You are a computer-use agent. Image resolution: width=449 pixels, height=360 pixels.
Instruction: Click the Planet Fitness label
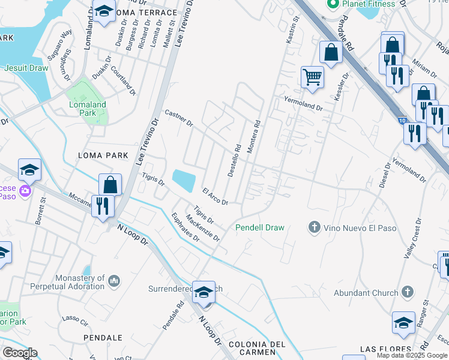pyautogui.click(x=369, y=4)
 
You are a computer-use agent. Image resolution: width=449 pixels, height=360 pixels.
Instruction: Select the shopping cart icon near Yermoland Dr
pyautogui.click(x=312, y=77)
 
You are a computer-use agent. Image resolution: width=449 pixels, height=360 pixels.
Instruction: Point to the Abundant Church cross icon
pyautogui.click(x=408, y=293)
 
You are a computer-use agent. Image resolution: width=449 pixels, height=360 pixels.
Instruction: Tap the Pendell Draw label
pyautogui.click(x=259, y=227)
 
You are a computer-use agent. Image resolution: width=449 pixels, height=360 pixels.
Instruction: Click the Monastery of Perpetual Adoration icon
pyautogui.click(x=115, y=281)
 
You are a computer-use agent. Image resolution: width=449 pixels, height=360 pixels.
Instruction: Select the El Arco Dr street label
pyautogui.click(x=215, y=197)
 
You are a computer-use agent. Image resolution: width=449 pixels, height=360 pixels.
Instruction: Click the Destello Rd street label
pyautogui.click(x=234, y=160)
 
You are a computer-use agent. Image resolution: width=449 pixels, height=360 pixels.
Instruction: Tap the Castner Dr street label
pyautogui.click(x=178, y=118)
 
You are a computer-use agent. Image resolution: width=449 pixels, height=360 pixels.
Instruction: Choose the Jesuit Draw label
pyautogui.click(x=26, y=68)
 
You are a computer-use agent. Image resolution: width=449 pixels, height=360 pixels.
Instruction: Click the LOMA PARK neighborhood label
pyautogui.click(x=103, y=155)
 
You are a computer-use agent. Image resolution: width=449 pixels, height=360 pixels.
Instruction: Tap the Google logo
pyautogui.click(x=19, y=353)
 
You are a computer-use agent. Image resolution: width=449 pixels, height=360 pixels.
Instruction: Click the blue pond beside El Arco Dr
pyautogui.click(x=184, y=179)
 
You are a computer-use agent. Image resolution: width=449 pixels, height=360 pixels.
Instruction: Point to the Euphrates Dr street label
pyautogui.click(x=185, y=227)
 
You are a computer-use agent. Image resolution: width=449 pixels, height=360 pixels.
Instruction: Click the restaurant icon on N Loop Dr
pyautogui.click(x=103, y=206)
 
